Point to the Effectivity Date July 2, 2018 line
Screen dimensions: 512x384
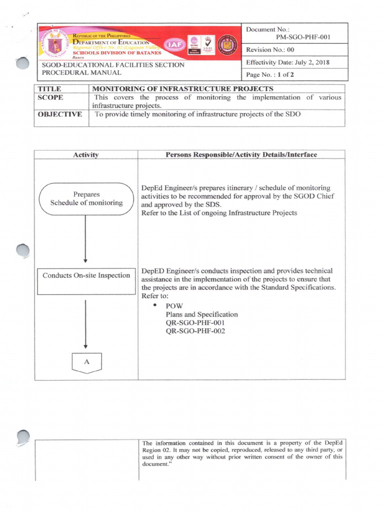pyautogui.click(x=287, y=62)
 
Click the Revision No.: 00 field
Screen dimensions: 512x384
pyautogui.click(x=270, y=50)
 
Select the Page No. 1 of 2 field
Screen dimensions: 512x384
pyautogui.click(x=271, y=75)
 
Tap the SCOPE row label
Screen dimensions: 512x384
pyautogui.click(x=51, y=97)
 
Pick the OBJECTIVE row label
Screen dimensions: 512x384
pyautogui.click(x=59, y=114)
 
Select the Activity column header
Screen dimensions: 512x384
pyautogui.click(x=85, y=154)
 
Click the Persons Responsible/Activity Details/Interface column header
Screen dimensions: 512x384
pyautogui.click(x=241, y=154)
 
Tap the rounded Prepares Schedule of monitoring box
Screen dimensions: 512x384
pyautogui.click(x=86, y=198)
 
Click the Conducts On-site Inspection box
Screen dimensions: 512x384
pyautogui.click(x=86, y=275)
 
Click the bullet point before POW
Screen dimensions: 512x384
pyautogui.click(x=155, y=305)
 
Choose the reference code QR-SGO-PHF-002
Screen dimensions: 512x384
pyautogui.click(x=195, y=331)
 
